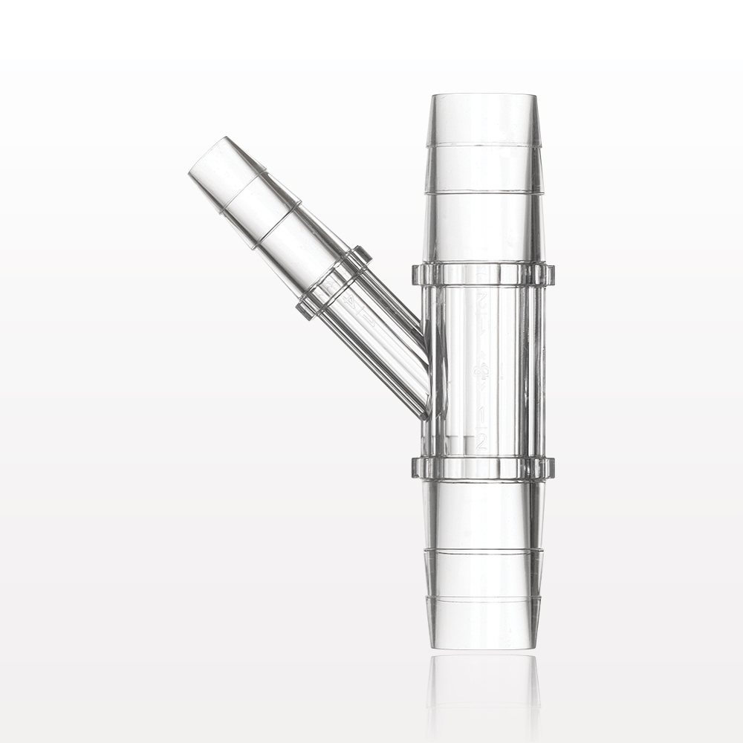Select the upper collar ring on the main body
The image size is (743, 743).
tap(483, 274)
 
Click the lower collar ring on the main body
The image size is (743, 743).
tap(483, 467)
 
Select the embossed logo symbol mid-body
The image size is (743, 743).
tap(482, 371)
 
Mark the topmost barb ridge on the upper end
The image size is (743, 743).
tap(483, 143)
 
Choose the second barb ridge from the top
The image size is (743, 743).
tap(483, 192)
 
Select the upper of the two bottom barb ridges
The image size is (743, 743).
tap(483, 550)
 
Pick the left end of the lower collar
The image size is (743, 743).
tap(417, 467)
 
